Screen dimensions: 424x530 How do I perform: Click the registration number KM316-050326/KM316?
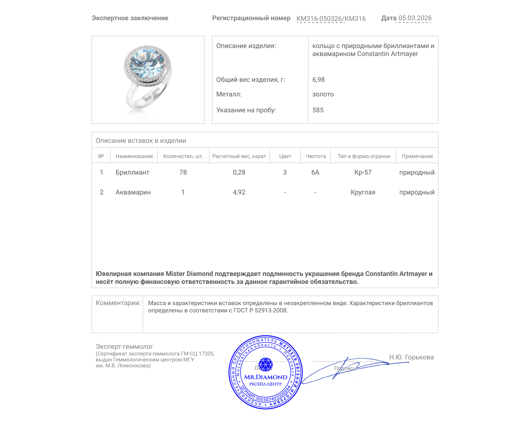tap(331, 19)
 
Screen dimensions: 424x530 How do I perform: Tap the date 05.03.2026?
tap(415, 18)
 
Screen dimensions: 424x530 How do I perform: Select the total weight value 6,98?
tap(318, 80)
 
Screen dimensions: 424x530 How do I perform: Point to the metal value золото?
tap(323, 94)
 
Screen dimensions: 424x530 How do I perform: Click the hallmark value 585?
tap(318, 110)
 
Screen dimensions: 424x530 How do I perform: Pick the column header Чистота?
tap(315, 156)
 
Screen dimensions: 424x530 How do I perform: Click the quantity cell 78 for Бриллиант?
tap(183, 173)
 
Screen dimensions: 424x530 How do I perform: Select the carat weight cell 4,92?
tap(239, 192)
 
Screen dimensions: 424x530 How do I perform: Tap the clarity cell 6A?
tap(315, 173)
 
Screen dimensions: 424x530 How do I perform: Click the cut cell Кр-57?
tap(363, 173)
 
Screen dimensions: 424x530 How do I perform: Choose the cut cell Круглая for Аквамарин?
tap(363, 192)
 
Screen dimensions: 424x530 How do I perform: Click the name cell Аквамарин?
tap(133, 192)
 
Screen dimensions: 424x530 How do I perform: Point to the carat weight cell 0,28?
tap(239, 173)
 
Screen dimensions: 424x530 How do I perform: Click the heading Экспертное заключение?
tap(130, 18)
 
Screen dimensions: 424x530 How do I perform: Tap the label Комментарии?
tap(118, 303)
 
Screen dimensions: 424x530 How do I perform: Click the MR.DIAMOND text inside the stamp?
tap(266, 377)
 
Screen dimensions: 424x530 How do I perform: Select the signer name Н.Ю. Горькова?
tap(411, 357)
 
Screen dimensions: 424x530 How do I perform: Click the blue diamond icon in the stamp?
tap(265, 364)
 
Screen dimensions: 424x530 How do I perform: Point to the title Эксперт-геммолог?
tap(124, 347)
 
